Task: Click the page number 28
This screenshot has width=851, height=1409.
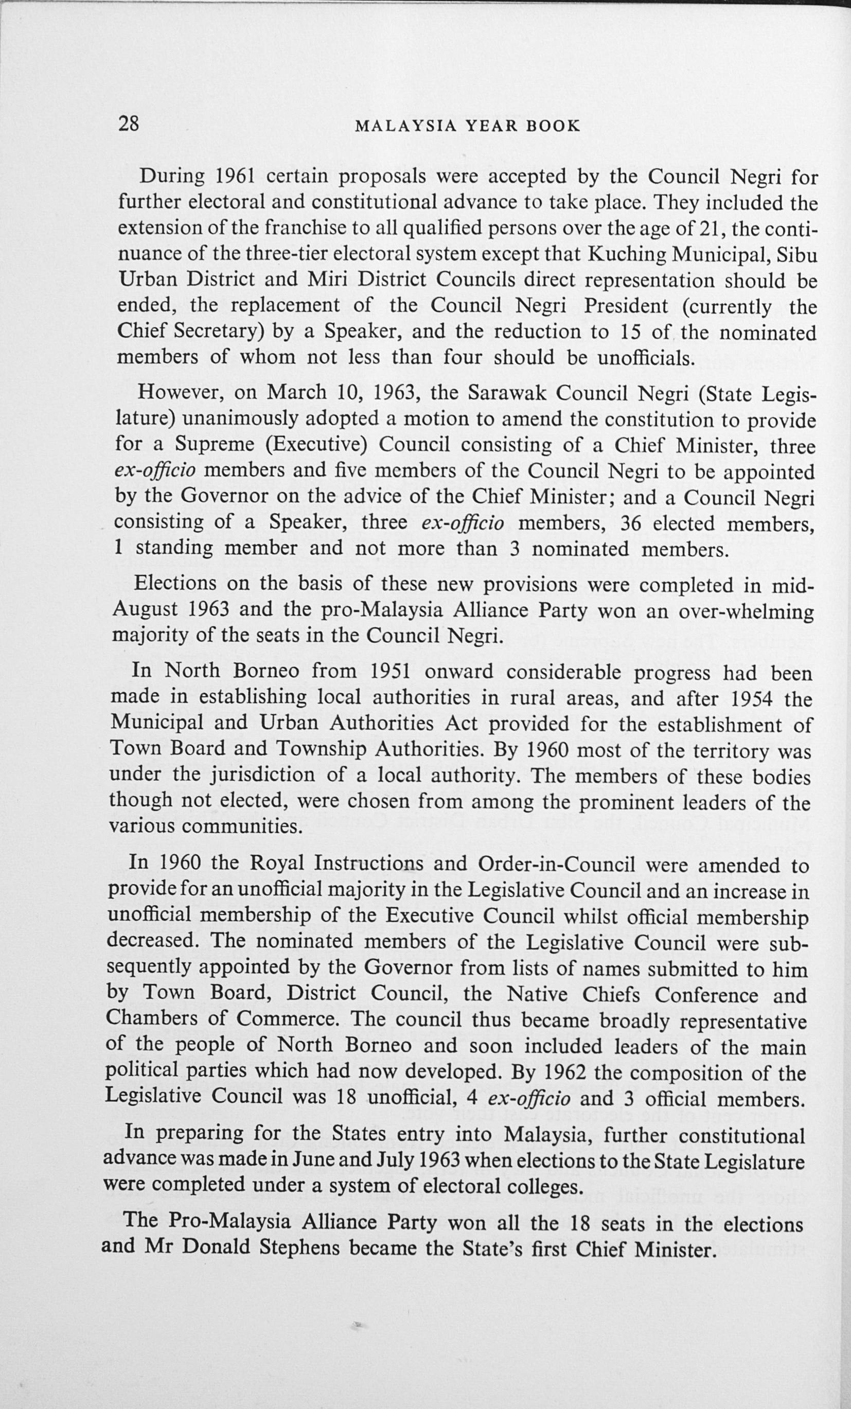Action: pos(129,124)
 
